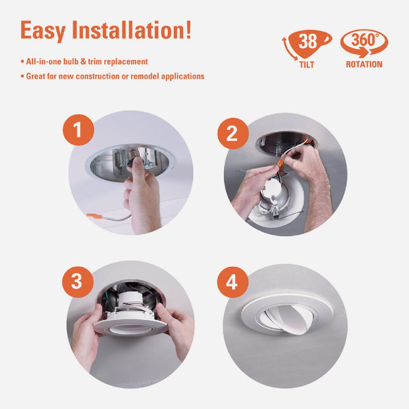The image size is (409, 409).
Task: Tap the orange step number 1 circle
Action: pos(77,130)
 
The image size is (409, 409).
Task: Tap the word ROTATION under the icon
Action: pos(364,65)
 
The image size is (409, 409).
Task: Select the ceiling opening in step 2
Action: pos(286,141)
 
